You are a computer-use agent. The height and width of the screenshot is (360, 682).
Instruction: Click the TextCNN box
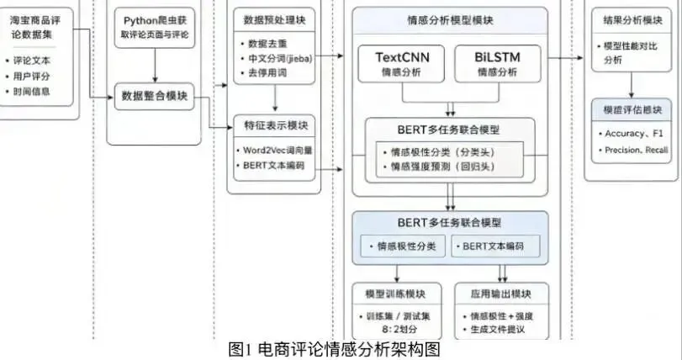(x=400, y=65)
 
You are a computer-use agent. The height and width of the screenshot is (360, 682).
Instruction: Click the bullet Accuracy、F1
(x=632, y=134)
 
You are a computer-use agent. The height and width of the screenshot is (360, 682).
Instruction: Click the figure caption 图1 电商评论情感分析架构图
(x=334, y=349)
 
